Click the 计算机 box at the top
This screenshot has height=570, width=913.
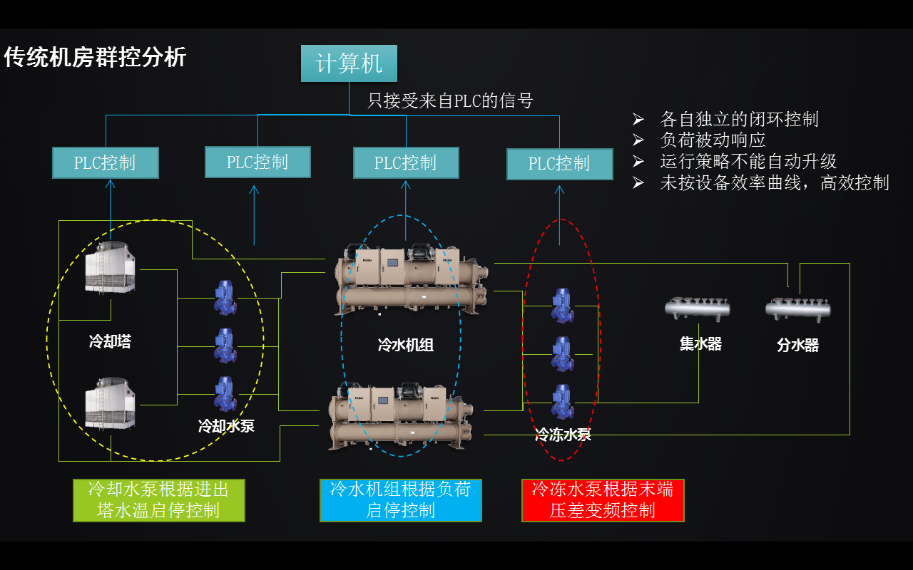(349, 63)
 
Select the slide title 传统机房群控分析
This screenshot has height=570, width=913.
(95, 57)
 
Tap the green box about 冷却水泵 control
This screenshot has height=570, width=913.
(158, 500)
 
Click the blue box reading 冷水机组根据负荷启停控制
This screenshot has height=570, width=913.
(400, 500)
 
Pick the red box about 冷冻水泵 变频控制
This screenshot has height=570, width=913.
(603, 500)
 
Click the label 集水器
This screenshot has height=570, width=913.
(700, 344)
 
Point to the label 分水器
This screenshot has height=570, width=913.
(797, 346)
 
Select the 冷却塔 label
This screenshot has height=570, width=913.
(110, 341)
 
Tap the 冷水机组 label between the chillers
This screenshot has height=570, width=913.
(405, 346)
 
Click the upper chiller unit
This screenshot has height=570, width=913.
(412, 279)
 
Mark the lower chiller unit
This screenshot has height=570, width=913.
(399, 418)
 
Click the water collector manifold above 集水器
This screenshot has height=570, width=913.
(698, 309)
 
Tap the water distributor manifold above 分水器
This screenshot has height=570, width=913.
(797, 309)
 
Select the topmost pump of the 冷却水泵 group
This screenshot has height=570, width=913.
(225, 297)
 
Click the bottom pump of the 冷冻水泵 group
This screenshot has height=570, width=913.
(562, 402)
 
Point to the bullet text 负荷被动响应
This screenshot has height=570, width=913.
(713, 140)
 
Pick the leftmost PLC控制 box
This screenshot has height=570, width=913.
(106, 163)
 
